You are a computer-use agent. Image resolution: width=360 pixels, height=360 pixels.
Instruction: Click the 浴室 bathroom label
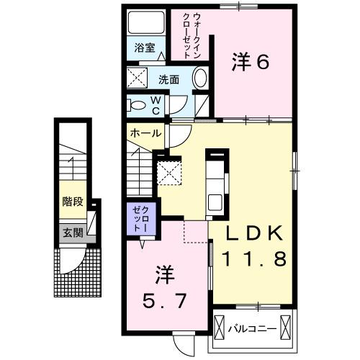pos(145,49)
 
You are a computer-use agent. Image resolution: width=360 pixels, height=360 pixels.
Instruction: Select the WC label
pos(155,105)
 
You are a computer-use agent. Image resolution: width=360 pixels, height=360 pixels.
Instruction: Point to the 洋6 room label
pos(250,63)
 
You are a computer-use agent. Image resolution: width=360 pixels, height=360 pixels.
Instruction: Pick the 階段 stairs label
pos(71,203)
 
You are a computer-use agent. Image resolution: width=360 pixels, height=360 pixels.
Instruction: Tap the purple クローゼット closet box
pos(138,219)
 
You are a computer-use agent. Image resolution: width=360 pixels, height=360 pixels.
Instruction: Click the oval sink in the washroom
pos(201,78)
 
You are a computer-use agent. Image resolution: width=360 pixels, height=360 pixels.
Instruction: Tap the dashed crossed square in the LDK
pos(169,173)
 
